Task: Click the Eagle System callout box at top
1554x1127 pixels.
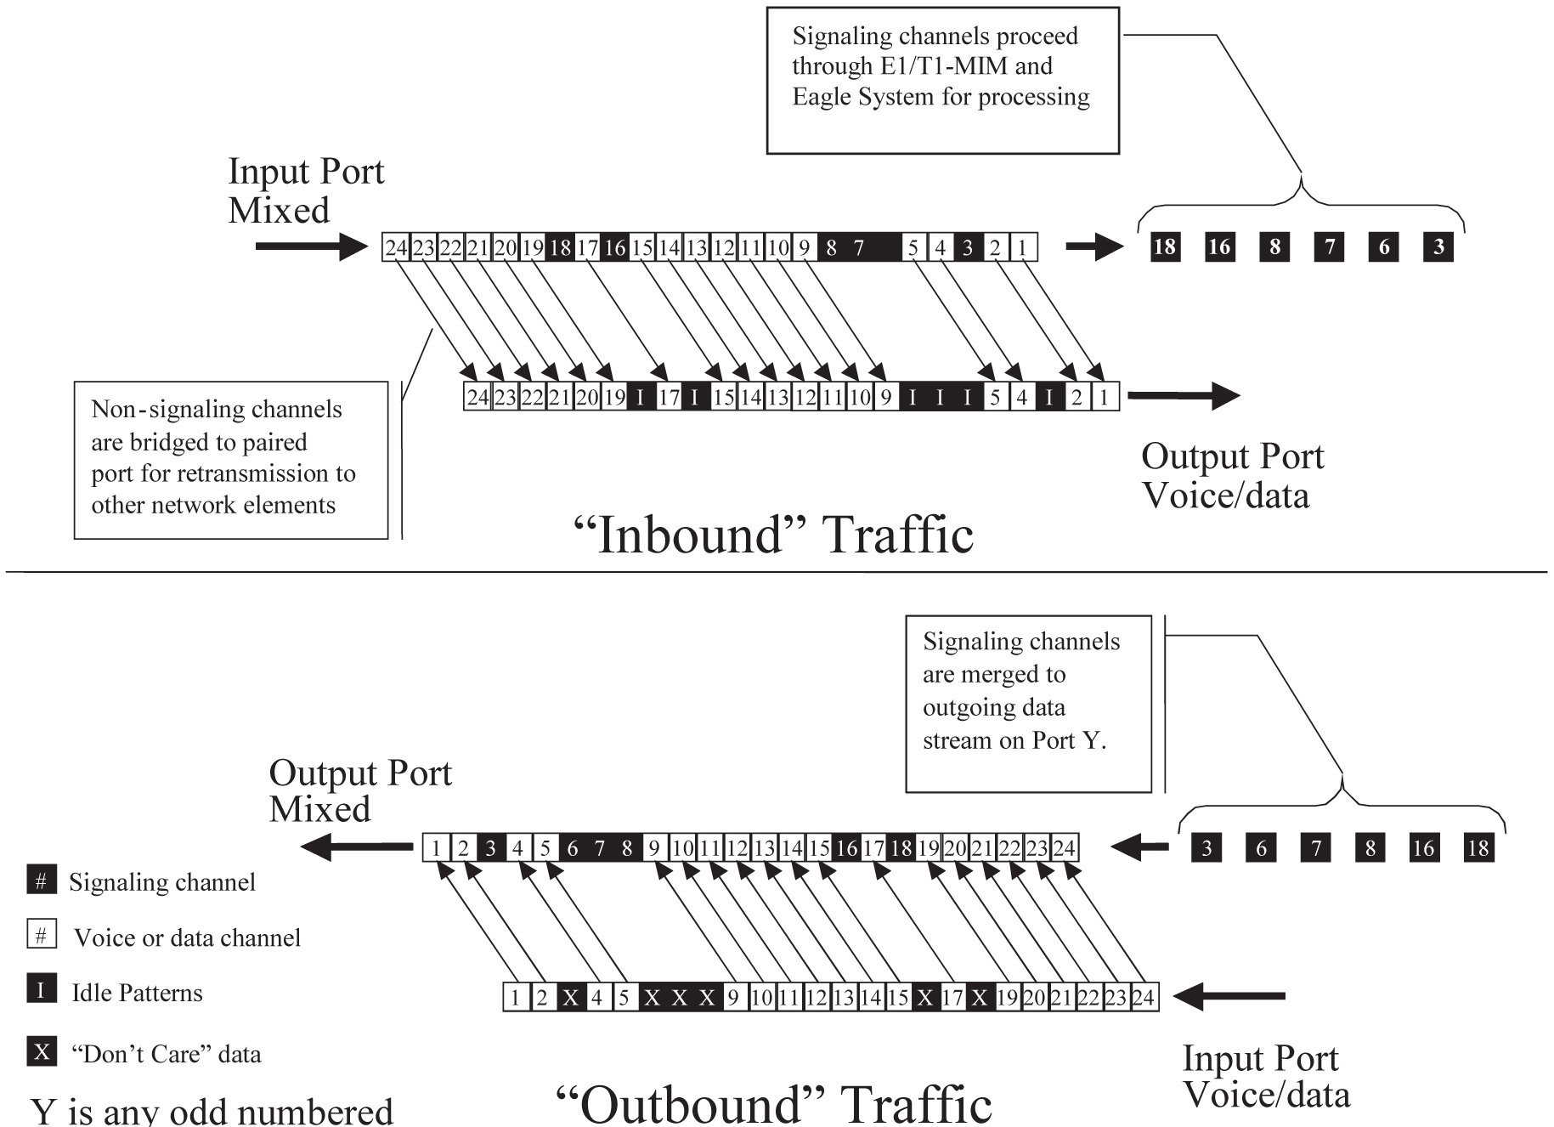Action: [x=942, y=81]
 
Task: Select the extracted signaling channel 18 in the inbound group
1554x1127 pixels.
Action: [x=1165, y=247]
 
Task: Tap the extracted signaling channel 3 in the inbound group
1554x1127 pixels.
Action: [x=1438, y=247]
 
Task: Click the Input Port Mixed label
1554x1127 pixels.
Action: [x=306, y=190]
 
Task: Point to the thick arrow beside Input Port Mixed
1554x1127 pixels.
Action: [x=310, y=246]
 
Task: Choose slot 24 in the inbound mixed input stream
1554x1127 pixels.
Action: [x=396, y=248]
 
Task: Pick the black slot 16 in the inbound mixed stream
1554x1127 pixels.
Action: [x=614, y=248]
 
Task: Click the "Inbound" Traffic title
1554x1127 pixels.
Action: [x=773, y=535]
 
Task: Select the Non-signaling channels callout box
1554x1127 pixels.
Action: [x=230, y=459]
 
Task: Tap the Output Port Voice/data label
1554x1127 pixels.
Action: [x=1231, y=475]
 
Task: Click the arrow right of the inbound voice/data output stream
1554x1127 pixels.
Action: [x=1183, y=395]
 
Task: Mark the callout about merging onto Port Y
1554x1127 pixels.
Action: [x=1028, y=704]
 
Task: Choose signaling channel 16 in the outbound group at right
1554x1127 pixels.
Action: [x=1424, y=847]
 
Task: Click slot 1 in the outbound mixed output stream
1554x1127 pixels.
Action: [x=436, y=848]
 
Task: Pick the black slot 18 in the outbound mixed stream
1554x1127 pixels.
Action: [x=901, y=848]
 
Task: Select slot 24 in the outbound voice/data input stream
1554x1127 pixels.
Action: [x=1144, y=997]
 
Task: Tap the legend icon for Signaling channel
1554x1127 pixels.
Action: [x=41, y=881]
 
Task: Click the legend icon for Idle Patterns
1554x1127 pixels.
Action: [x=41, y=990]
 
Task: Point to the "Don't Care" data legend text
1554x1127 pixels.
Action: [x=166, y=1055]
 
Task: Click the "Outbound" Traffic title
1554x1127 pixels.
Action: [x=773, y=1103]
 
